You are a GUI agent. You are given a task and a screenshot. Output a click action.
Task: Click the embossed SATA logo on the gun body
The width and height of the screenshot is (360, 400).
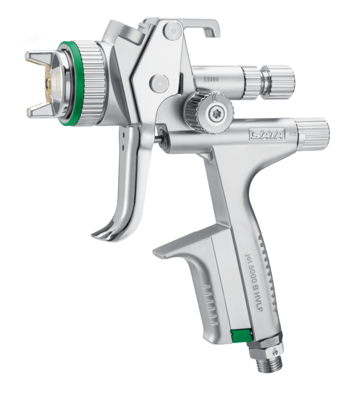(x=267, y=134)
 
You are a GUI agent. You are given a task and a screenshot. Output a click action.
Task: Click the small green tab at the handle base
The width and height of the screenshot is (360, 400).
(x=241, y=336)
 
